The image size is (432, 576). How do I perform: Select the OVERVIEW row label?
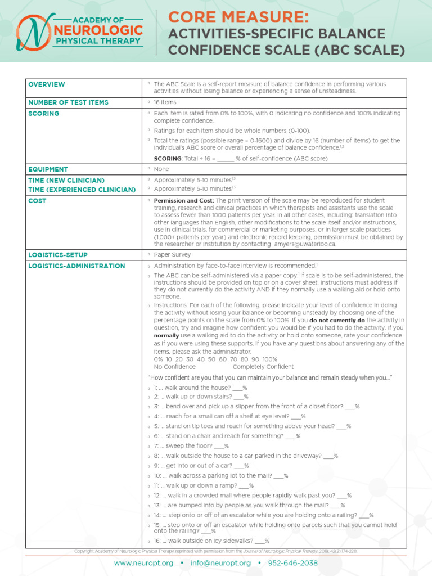coord(47,84)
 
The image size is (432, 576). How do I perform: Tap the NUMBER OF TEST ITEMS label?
coord(68,102)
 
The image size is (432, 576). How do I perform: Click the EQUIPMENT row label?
coord(48,169)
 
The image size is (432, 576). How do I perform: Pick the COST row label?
coord(37,200)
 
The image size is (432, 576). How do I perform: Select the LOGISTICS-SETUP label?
coord(58,255)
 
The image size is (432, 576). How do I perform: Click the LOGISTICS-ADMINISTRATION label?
coord(76,265)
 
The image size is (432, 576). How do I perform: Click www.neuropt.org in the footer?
coord(143,563)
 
